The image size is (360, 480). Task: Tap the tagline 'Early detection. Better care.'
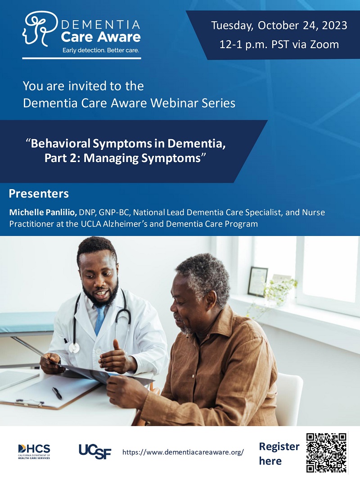101,50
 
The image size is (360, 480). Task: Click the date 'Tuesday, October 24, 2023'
279,25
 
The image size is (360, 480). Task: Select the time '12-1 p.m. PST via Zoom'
279,44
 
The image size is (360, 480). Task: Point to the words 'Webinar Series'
195,103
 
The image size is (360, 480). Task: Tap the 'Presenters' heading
39,194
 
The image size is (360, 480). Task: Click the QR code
326,453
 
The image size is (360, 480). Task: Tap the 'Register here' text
279,453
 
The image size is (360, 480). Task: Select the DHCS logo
34,451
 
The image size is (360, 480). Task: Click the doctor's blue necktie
100,317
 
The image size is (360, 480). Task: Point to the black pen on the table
57,393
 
